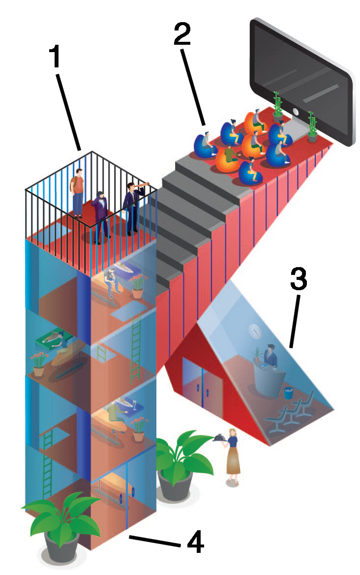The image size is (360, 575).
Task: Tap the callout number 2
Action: coord(182,33)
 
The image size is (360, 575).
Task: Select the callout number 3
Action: coord(299,279)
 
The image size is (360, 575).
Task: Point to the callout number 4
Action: coord(195,541)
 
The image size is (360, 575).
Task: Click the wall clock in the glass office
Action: coord(254,331)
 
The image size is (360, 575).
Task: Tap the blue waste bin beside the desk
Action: coord(289,393)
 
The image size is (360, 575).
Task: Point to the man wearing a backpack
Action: coord(77,193)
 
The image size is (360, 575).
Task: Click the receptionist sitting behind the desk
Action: coord(270,355)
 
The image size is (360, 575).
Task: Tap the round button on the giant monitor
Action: coord(296,112)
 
